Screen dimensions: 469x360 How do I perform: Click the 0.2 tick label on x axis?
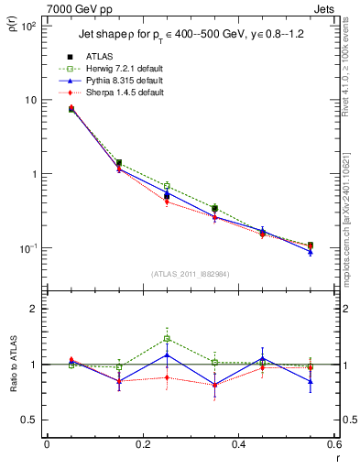pyautogui.click(x=142, y=445)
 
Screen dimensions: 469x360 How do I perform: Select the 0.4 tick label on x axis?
pyautogui.click(x=238, y=445)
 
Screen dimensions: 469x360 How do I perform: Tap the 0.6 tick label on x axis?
pyautogui.click(x=333, y=445)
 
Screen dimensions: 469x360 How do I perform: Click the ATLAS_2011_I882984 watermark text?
pyautogui.click(x=190, y=274)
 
